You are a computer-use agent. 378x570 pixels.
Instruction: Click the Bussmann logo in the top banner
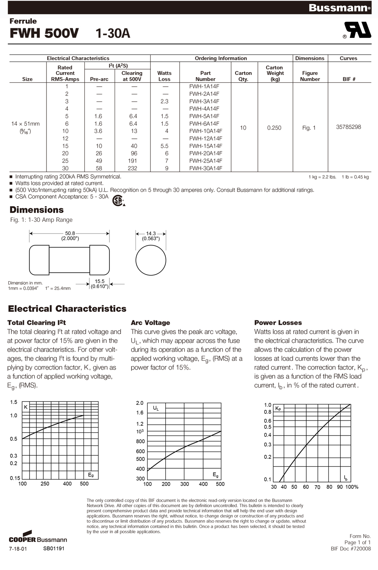(x=339, y=8)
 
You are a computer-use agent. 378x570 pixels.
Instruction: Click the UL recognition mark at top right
(x=357, y=30)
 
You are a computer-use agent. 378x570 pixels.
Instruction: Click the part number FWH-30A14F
(x=206, y=168)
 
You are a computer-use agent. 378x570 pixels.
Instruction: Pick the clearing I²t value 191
(x=133, y=161)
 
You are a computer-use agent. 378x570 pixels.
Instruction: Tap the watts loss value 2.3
(x=164, y=101)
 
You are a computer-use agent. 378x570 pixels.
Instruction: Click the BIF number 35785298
(x=348, y=127)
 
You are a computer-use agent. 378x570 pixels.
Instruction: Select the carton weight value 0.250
(x=274, y=128)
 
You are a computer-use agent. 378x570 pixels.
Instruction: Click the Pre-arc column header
(x=99, y=79)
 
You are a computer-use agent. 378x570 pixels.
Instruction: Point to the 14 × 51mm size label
(x=26, y=124)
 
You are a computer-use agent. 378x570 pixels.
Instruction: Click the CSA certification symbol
(x=118, y=200)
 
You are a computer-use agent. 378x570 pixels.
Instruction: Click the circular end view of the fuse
(x=151, y=260)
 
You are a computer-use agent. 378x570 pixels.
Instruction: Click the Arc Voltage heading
(x=150, y=323)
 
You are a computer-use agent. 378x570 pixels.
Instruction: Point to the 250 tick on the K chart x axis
(x=45, y=484)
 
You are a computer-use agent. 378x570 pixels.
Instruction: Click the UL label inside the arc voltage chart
(x=156, y=408)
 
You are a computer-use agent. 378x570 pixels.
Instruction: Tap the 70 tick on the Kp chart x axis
(x=317, y=487)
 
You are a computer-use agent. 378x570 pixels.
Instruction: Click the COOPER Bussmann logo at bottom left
(x=38, y=538)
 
